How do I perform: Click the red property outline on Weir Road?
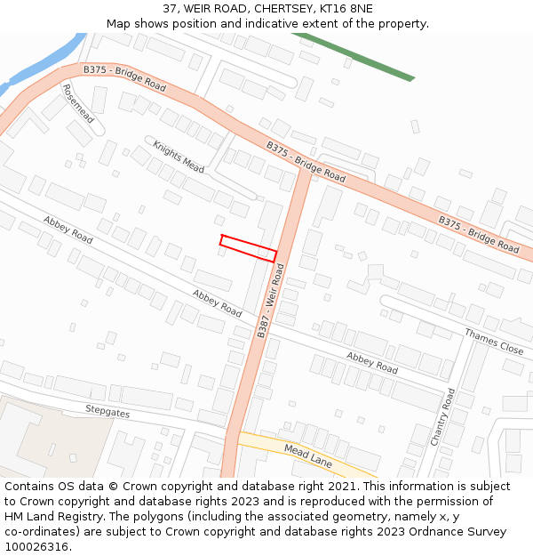click(x=248, y=247)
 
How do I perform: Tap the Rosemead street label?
click(x=78, y=103)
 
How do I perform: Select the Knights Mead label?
click(x=178, y=157)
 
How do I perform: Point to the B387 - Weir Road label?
click(x=270, y=301)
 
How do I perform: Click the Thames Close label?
click(x=494, y=341)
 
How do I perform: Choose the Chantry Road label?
click(x=442, y=416)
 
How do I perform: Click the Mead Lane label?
click(x=307, y=455)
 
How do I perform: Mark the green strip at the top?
click(x=355, y=56)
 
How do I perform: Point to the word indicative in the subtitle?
click(x=282, y=24)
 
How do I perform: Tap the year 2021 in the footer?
click(x=342, y=487)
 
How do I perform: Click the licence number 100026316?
click(x=36, y=547)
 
